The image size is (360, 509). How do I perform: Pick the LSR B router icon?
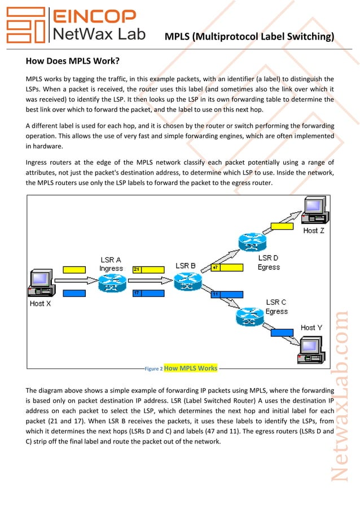point(186,280)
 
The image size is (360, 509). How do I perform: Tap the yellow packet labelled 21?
point(148,269)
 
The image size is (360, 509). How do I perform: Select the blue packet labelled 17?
point(148,293)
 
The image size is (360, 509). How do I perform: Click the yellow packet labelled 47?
point(226,267)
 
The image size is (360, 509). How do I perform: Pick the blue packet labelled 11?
point(227,294)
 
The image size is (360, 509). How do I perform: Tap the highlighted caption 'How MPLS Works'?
point(190,368)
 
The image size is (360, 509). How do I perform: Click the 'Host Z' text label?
point(314,230)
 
